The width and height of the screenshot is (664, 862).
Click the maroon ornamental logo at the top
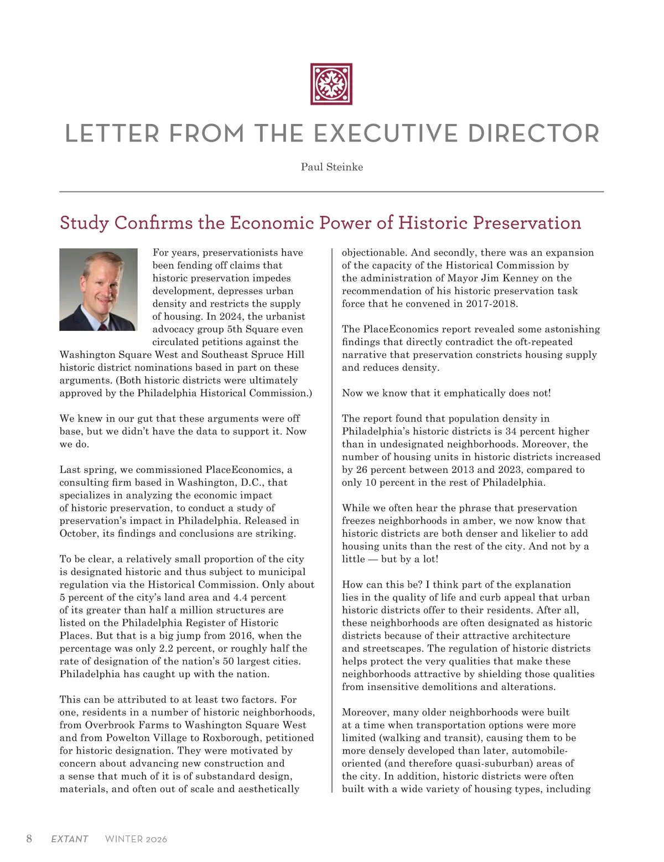click(331, 84)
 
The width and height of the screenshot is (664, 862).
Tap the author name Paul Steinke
click(332, 167)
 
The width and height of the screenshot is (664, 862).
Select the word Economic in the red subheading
click(265, 223)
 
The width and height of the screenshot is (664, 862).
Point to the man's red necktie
click(103, 326)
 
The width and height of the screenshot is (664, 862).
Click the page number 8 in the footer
click(29, 839)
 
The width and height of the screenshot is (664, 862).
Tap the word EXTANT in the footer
click(70, 839)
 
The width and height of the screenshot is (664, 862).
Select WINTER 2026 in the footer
click(136, 839)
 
